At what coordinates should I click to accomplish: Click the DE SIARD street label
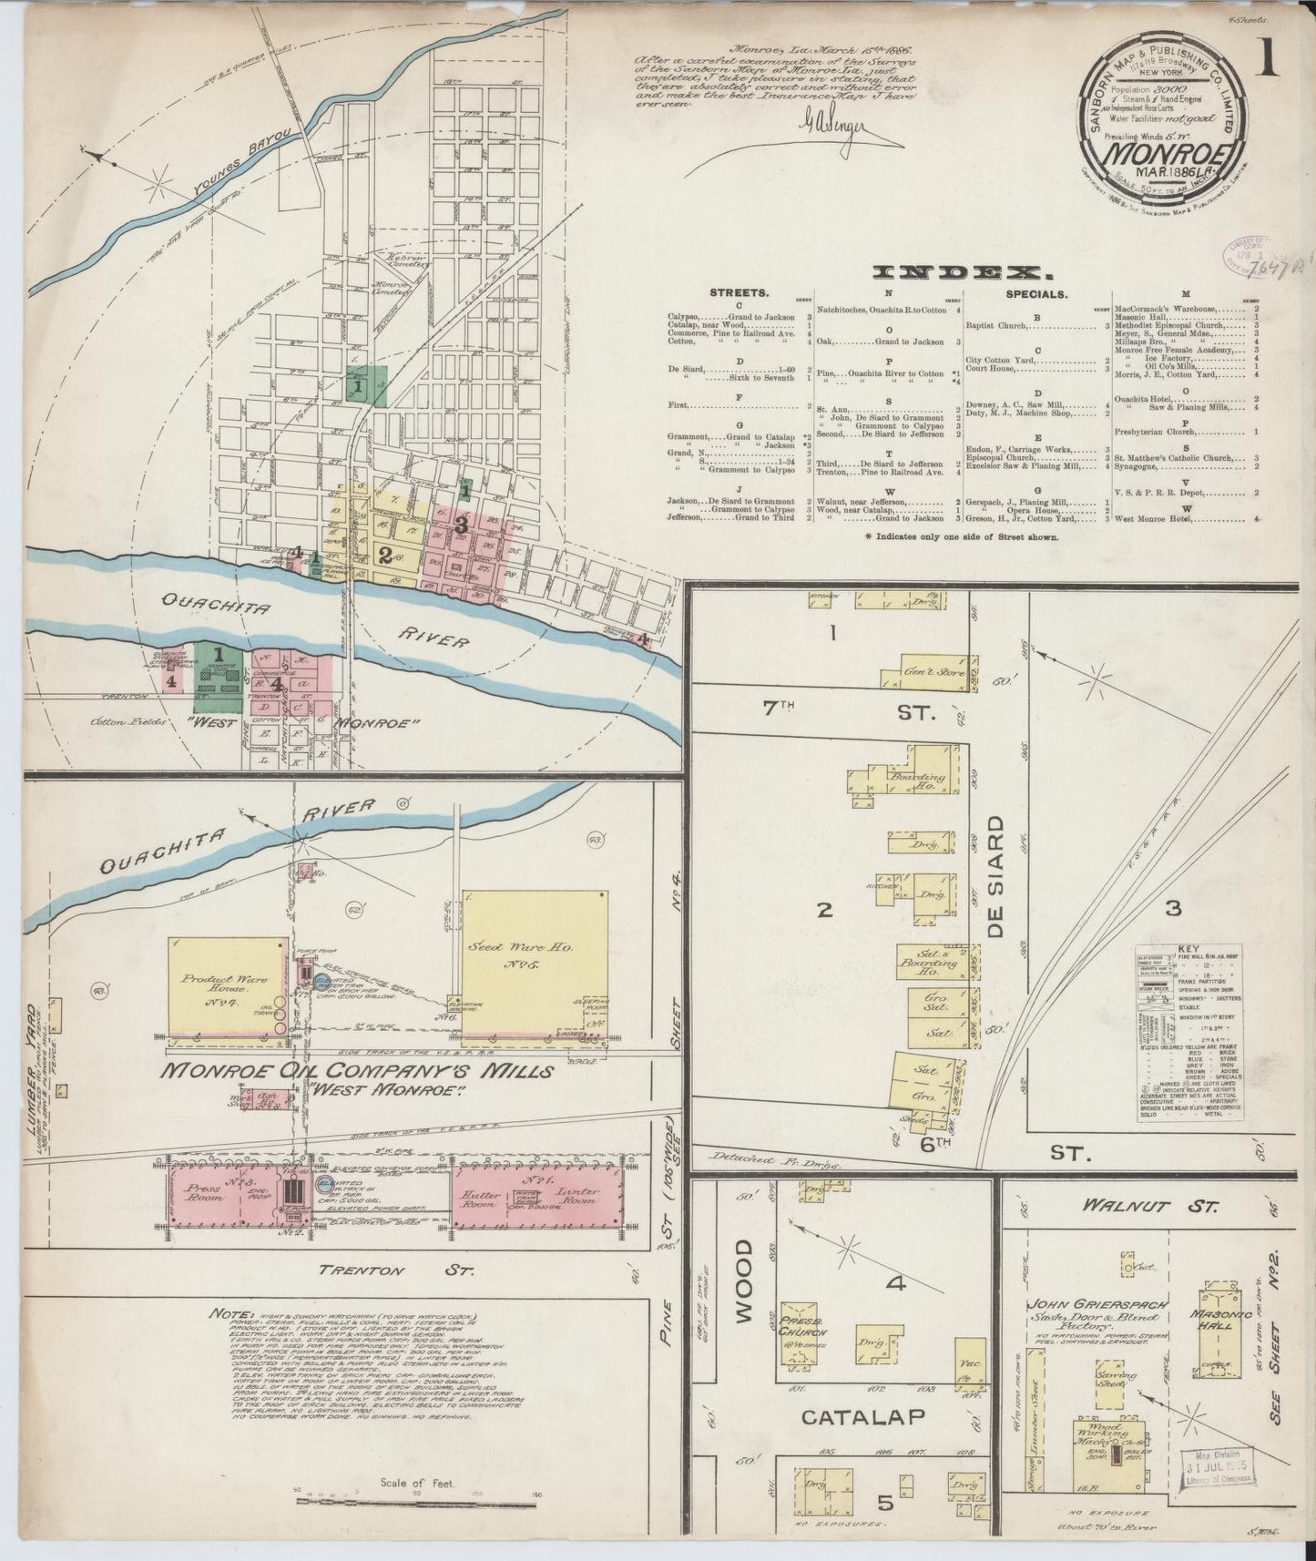997,875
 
